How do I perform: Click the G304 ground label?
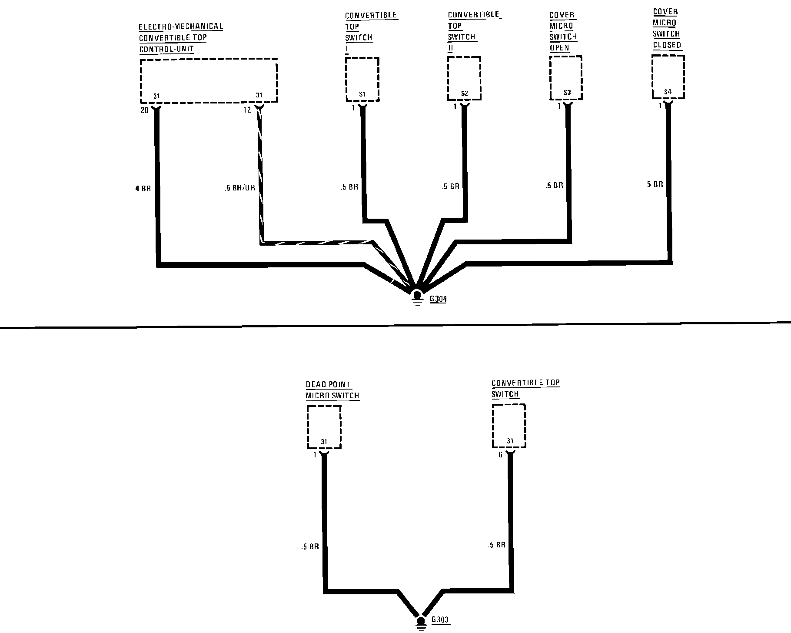click(x=438, y=299)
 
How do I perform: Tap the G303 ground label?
click(x=440, y=620)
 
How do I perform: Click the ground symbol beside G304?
click(x=417, y=297)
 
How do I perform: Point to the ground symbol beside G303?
click(x=420, y=623)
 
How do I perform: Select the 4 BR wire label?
click(x=143, y=189)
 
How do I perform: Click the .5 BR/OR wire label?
click(x=240, y=189)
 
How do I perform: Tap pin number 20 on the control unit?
click(x=144, y=110)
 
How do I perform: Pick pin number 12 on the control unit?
click(x=247, y=110)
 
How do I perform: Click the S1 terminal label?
click(x=362, y=94)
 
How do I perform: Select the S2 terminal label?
click(x=464, y=93)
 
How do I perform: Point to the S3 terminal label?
click(x=567, y=93)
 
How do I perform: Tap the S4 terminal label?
click(x=668, y=92)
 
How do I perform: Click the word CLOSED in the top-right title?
click(x=667, y=45)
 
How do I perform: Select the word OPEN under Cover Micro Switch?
click(x=559, y=48)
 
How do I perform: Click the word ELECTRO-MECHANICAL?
click(x=181, y=27)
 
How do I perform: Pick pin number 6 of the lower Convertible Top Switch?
click(x=500, y=455)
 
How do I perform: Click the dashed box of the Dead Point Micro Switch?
click(x=324, y=426)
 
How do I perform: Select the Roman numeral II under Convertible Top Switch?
click(x=451, y=48)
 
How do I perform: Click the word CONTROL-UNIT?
click(x=166, y=49)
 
